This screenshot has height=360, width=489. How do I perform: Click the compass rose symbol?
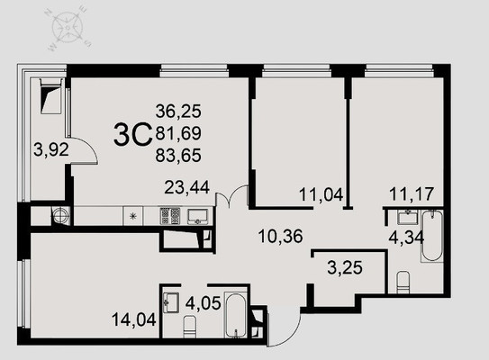click(x=68, y=29)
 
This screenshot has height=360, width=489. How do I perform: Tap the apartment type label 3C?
click(x=132, y=135)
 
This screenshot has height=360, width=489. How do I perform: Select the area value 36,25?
click(x=178, y=112)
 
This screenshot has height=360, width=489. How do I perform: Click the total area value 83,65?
click(x=178, y=156)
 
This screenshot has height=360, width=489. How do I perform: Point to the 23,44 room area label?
click(x=186, y=187)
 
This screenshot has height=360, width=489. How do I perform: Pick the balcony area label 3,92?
click(x=51, y=150)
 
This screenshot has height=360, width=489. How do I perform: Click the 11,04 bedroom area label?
click(x=321, y=194)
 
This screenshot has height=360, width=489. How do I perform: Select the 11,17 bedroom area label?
click(x=412, y=193)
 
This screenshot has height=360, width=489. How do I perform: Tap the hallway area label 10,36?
click(x=281, y=237)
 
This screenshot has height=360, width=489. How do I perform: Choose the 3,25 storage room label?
click(x=345, y=267)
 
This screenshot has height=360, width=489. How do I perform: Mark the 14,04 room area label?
click(x=134, y=319)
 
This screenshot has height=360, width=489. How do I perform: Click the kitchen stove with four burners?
click(x=170, y=216)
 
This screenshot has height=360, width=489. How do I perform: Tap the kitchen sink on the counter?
click(x=197, y=216)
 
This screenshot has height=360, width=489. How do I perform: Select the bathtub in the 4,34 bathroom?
click(x=432, y=236)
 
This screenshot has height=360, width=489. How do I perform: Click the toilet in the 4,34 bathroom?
click(x=403, y=282)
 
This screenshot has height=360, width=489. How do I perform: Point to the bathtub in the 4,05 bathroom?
click(x=236, y=315)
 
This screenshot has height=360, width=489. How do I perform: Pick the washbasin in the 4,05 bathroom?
click(x=170, y=302)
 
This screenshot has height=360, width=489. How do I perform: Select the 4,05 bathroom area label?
click(x=203, y=303)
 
